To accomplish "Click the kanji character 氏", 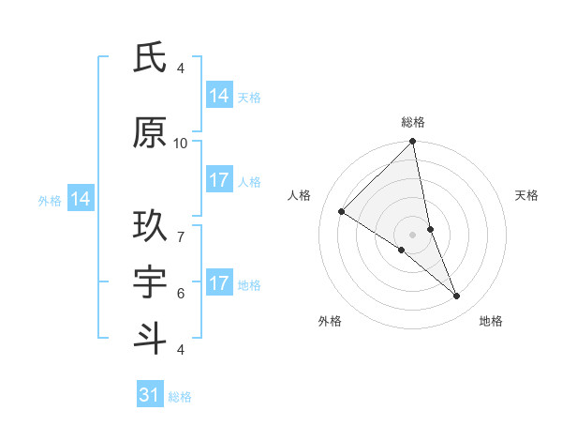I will [150, 58].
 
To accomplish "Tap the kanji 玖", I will [150, 226].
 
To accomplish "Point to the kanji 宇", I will [150, 282].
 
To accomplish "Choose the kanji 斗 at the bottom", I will [150, 339].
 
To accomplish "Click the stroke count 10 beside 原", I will [181, 143].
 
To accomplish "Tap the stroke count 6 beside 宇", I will [181, 293].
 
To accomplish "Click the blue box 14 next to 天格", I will [219, 96].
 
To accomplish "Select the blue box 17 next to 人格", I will [219, 180].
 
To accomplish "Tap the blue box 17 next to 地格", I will [219, 283].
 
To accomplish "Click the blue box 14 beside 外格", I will [81, 199].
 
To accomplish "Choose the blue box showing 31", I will [150, 395].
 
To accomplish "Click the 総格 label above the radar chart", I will [413, 122].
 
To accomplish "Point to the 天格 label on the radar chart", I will [527, 195].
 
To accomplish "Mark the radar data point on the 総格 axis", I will [413, 143].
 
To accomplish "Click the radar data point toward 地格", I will [457, 297].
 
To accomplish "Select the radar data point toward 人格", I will [342, 211].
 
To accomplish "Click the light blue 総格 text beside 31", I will [180, 397].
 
